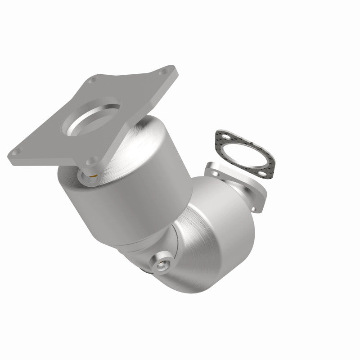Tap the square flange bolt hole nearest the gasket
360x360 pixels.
169,72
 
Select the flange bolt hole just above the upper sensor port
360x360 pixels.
93,159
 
